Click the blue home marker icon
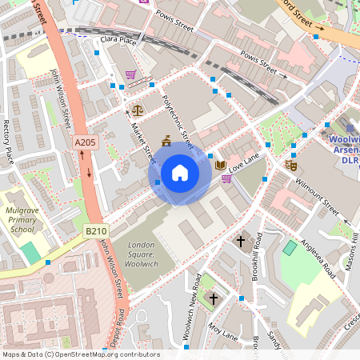pyautogui.click(x=180, y=172)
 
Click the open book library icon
pyautogui.click(x=221, y=166)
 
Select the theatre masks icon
pyautogui.click(x=291, y=165)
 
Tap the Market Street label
pyautogui.click(x=142, y=138)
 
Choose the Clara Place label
pyautogui.click(x=116, y=40)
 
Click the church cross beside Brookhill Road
pyautogui.click(x=240, y=240)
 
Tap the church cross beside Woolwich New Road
pyautogui.click(x=213, y=298)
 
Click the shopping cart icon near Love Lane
pyautogui.click(x=226, y=179)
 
